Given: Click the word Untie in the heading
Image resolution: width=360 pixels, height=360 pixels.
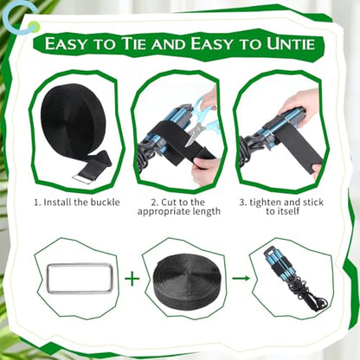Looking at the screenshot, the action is click(x=290, y=44).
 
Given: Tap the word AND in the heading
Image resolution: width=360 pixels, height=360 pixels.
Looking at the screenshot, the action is click(x=169, y=45).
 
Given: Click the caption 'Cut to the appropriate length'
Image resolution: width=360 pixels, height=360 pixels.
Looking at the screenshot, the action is click(x=179, y=207).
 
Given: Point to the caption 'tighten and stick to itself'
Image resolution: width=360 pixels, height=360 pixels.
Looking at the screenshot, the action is click(x=281, y=207).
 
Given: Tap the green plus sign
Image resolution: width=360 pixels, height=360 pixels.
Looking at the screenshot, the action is click(x=132, y=279).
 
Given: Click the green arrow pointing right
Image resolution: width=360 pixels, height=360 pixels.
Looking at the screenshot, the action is click(x=241, y=278).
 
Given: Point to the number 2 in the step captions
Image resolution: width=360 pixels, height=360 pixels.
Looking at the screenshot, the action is click(x=154, y=202).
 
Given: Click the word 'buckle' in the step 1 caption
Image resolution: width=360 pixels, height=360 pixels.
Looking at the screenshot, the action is click(x=105, y=202).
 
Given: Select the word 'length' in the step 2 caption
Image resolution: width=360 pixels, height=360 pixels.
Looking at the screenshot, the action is click(x=205, y=212).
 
